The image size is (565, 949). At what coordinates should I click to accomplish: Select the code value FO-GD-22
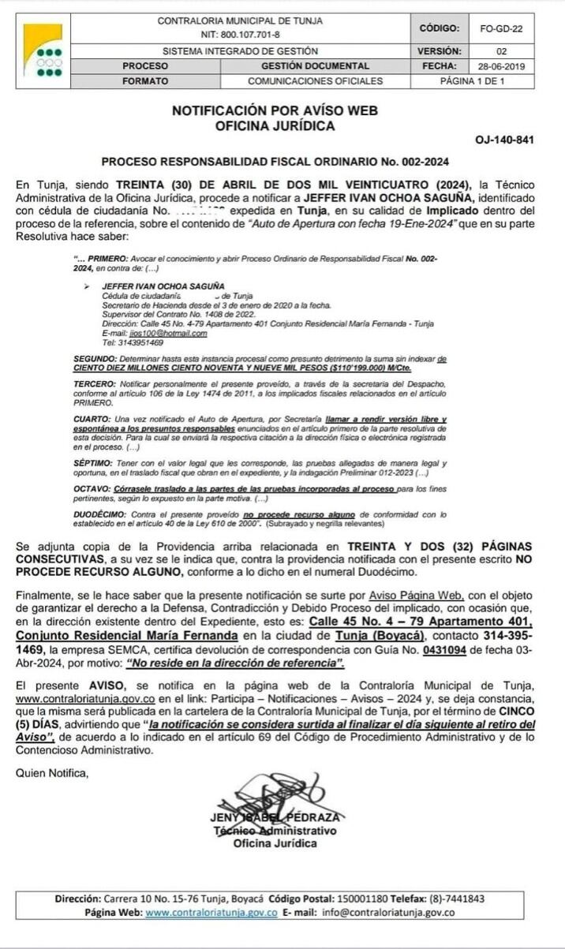[x=501, y=28]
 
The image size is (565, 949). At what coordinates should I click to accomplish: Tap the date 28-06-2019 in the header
[x=501, y=66]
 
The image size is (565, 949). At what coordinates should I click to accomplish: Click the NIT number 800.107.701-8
[x=240, y=35]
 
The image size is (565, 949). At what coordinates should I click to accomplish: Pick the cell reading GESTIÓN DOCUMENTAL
[x=315, y=66]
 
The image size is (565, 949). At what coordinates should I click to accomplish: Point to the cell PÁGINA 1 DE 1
[x=472, y=81]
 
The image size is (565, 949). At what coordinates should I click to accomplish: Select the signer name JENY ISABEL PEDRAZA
[x=275, y=818]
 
